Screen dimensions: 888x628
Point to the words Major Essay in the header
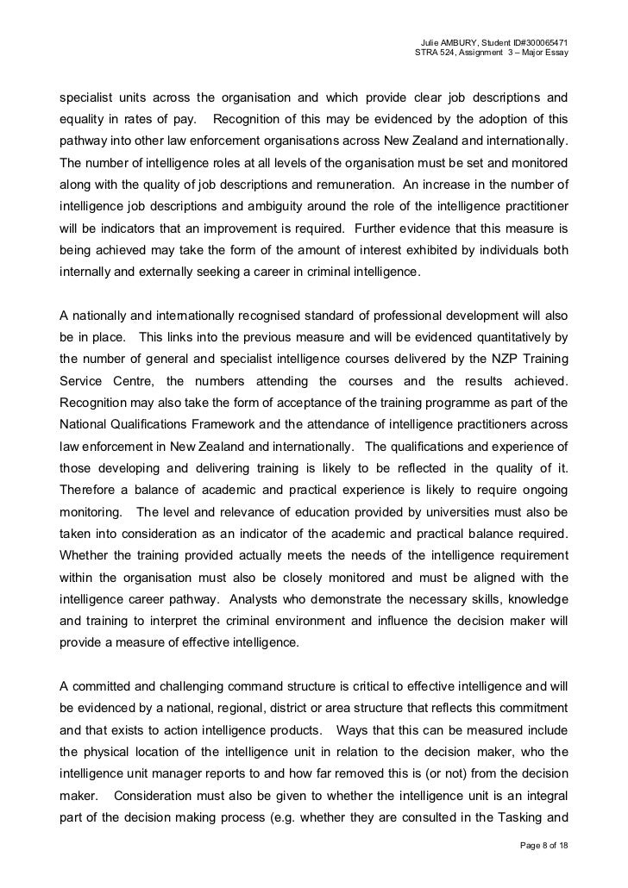pyautogui.click(x=542, y=55)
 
